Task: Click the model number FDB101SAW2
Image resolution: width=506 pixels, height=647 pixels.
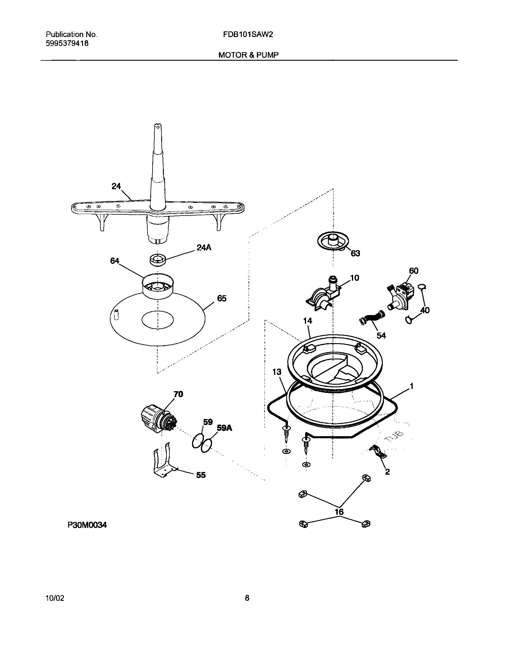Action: (248, 35)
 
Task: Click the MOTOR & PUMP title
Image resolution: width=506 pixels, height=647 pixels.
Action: (248, 55)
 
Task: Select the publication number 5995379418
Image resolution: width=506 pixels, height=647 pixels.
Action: (67, 44)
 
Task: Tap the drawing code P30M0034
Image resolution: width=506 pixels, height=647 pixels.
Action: (87, 525)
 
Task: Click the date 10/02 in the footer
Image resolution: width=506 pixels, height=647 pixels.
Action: (55, 598)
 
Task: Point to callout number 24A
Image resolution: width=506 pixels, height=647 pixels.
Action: (204, 248)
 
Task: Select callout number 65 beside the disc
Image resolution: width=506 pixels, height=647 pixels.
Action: (222, 298)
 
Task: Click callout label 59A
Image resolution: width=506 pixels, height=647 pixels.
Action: (224, 428)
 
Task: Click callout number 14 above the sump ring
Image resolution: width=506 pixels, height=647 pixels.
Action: (308, 320)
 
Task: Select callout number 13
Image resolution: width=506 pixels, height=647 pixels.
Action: (277, 372)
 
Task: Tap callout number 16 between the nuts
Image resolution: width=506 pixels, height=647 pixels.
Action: (339, 512)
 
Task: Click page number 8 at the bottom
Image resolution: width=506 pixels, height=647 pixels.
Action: (247, 598)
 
